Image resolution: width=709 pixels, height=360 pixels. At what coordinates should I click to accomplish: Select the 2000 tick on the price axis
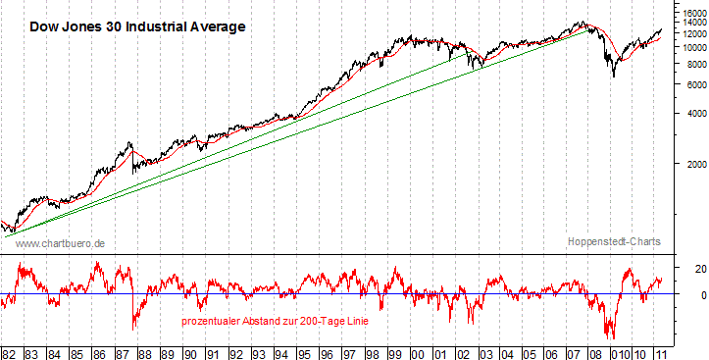[692, 163]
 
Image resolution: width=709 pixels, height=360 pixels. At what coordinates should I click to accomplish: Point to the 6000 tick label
[692, 84]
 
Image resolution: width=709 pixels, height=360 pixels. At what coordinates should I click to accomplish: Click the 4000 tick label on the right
[692, 114]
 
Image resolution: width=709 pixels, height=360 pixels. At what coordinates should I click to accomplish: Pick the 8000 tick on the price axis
[692, 64]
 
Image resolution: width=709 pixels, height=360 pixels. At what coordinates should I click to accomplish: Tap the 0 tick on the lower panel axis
[687, 294]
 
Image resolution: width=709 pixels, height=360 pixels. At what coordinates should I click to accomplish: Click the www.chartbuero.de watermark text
[61, 242]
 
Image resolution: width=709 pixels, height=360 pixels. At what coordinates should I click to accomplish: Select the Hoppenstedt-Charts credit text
[614, 241]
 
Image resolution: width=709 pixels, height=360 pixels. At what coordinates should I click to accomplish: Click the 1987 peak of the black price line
[130, 142]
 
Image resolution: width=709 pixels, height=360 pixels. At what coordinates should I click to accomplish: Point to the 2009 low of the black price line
[614, 77]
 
